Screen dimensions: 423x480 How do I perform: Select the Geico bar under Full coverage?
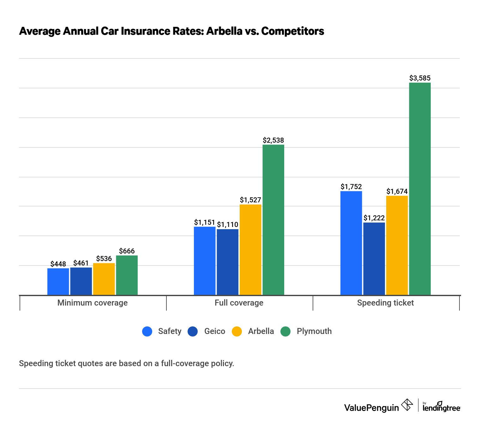coord(227,262)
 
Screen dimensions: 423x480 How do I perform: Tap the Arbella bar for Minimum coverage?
coord(104,279)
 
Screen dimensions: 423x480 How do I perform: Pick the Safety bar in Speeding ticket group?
coord(351,243)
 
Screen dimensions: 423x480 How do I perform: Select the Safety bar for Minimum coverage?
coord(58,282)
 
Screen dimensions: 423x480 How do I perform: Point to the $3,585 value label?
coord(420,78)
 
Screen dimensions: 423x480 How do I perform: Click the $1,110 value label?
coord(227,224)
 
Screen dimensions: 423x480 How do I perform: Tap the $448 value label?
coord(58,264)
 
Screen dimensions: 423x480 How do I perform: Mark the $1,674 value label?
coord(397,191)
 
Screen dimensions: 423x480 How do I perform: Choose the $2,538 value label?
coord(273,140)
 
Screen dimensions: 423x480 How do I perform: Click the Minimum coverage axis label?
coord(93,303)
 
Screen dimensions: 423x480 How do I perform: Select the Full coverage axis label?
coord(239,303)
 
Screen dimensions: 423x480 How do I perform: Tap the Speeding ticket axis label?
coord(385,303)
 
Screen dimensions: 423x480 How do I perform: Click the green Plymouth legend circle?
coord(285,331)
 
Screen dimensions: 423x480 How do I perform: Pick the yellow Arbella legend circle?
coord(237,331)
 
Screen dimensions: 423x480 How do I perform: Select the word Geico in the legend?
coord(215,331)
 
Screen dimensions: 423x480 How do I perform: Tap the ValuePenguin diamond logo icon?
coord(407,405)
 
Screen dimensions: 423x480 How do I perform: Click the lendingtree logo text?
coord(441,408)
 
